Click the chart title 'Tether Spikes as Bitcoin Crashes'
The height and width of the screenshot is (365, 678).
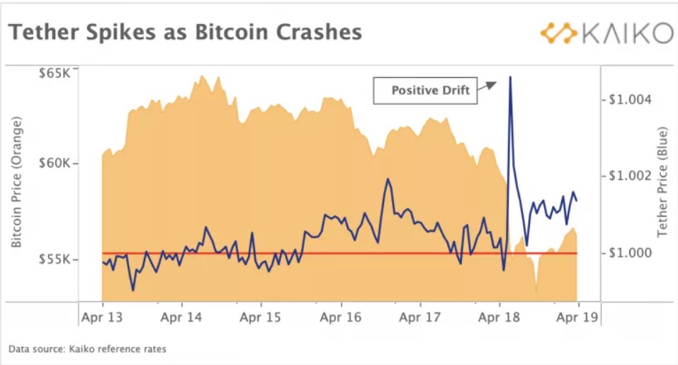pos(185,33)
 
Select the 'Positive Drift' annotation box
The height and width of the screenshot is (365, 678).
pos(425,91)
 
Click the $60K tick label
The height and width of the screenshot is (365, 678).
pos(54,163)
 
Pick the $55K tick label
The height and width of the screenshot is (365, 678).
pos(54,259)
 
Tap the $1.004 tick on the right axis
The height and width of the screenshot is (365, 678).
pos(627,99)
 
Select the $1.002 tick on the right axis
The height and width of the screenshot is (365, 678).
pos(627,176)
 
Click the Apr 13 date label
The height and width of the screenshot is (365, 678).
pos(102,318)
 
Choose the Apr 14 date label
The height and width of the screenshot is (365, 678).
pos(181,318)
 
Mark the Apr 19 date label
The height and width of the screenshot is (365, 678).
pos(577,318)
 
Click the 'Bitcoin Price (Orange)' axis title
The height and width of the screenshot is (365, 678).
pos(17,182)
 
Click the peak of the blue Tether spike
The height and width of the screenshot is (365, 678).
pos(510,77)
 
